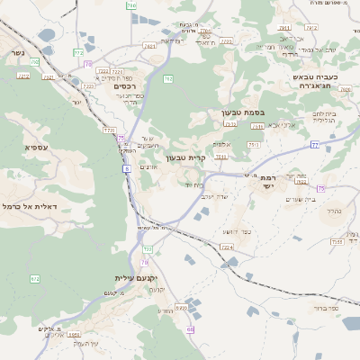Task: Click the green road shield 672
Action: [x=35, y=278]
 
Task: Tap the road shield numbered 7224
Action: [x=226, y=247]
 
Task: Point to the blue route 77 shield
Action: [x=314, y=144]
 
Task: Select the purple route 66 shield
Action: [x=190, y=329]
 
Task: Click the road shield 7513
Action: [x=230, y=123]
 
